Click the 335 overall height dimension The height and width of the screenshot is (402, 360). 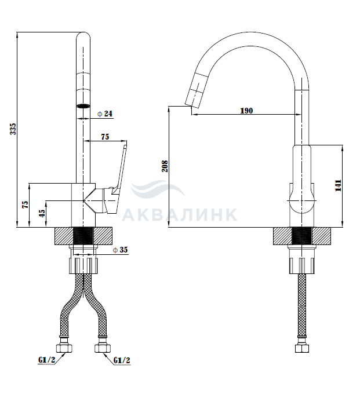pos(13,129)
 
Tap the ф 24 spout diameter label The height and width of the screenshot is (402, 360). pos(105,114)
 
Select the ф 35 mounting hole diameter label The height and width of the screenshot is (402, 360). pos(120,250)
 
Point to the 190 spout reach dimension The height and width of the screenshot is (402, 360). pos(246,111)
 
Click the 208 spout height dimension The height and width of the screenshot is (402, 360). pos(165,166)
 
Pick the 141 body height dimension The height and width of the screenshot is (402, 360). pos(338,185)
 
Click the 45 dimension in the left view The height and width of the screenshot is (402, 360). pos(42,214)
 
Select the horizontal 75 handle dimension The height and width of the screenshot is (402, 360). pos(105,137)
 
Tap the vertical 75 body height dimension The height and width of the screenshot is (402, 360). pos(25,204)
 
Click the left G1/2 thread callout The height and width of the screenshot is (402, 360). pos(47,360)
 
